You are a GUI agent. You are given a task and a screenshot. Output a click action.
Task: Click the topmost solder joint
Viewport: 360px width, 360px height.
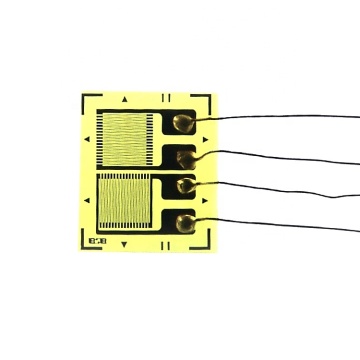point(183,122)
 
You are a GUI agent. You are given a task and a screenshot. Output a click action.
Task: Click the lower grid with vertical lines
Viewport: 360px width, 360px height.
point(124,202)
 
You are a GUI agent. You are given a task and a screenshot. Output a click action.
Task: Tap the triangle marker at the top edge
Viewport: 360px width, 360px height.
point(124,100)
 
